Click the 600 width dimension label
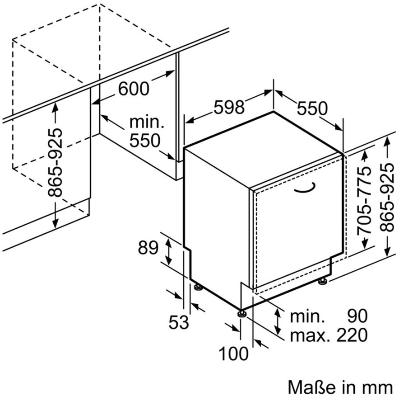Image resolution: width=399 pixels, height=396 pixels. coord(134,89)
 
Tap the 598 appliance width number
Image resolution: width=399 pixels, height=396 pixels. coord(229,107)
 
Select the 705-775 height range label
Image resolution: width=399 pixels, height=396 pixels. coord(364,201)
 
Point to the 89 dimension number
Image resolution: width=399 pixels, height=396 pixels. coord(148,247)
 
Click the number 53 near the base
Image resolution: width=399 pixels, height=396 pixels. coord(179,322)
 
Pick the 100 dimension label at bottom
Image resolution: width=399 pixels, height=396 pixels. coord(233,354)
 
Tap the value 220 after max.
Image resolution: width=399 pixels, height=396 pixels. coord(352,335)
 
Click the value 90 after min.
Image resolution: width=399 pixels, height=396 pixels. coord(357,316)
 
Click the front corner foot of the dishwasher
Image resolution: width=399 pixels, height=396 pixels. coord(241,313)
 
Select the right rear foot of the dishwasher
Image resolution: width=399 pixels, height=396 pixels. coord(323,281)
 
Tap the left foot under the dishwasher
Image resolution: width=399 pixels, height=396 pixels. coord(198,287)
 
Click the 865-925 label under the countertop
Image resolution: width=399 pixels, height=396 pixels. coord(55,163)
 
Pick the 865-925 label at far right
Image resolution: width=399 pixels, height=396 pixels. coord(387,197)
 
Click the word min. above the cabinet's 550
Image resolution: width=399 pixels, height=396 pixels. coord(147,123)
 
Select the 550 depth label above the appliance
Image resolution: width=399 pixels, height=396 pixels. coord(312,108)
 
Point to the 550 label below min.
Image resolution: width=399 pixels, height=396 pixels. coord(144,141)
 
